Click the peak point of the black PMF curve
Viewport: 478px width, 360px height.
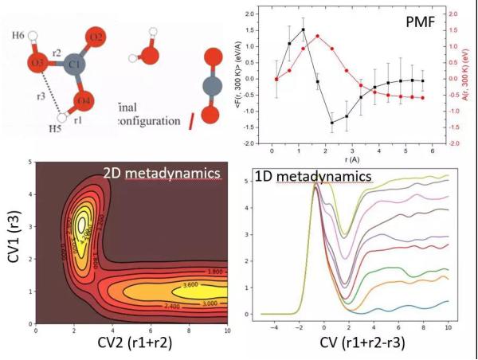304,29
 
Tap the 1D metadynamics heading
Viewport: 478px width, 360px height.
313,174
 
